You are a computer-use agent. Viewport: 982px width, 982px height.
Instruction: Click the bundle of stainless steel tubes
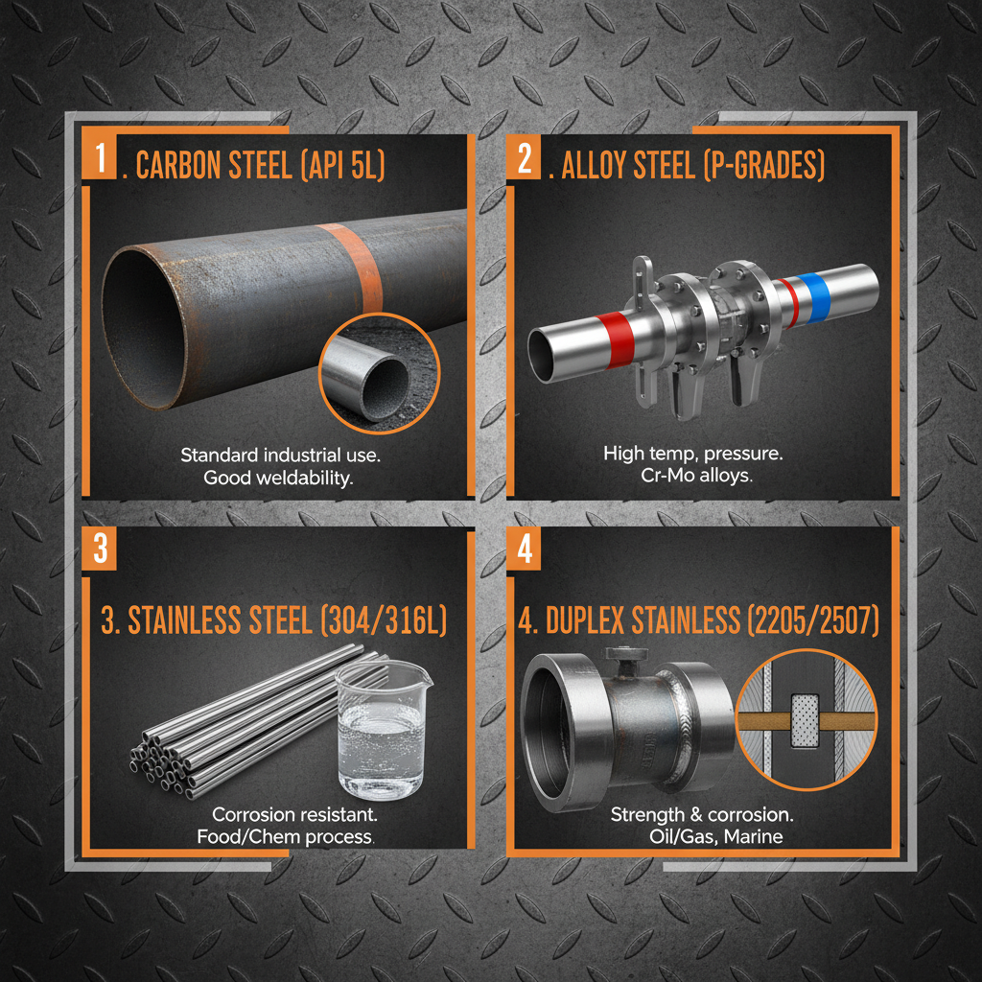click(240, 729)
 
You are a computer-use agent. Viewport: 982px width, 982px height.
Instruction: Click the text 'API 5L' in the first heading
click(343, 165)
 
